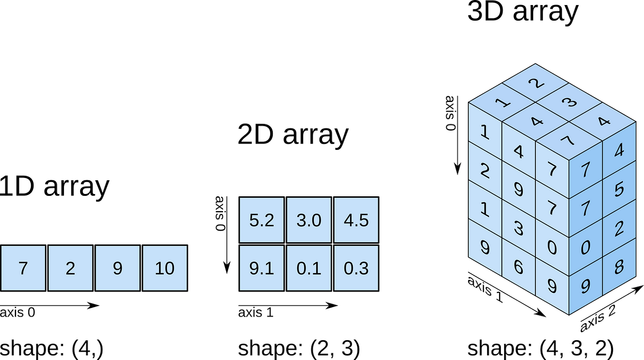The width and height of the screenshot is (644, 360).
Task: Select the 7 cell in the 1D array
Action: click(23, 268)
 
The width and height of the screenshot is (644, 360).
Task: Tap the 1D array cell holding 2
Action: click(70, 268)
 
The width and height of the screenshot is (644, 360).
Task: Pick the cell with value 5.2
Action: click(261, 220)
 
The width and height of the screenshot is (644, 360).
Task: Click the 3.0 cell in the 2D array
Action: click(309, 220)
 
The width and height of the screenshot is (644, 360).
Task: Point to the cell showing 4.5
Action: click(356, 220)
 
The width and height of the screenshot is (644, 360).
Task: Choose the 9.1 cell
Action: click(261, 268)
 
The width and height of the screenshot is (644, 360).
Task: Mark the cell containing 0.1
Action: click(309, 268)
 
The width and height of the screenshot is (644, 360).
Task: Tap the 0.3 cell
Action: click(356, 268)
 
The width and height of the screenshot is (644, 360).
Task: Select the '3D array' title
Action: click(523, 12)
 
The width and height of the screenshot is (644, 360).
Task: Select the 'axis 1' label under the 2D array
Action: click(256, 314)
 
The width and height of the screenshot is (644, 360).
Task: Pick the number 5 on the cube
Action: click(618, 189)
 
